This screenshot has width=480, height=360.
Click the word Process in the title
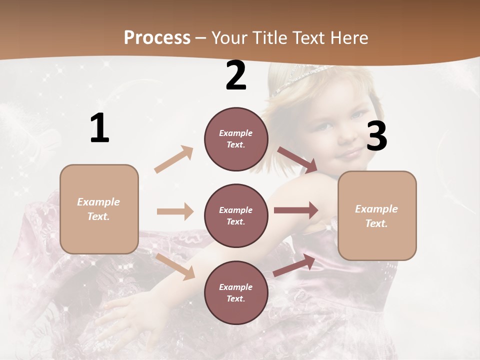[157, 37]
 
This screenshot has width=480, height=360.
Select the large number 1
[99, 128]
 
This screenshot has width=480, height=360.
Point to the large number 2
[236, 75]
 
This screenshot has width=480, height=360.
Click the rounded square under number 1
[99, 209]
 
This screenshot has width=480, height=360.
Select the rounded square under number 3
[377, 215]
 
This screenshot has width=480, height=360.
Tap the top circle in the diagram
[236, 139]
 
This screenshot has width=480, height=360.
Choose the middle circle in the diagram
[236, 215]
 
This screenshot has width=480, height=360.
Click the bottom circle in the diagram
[236, 292]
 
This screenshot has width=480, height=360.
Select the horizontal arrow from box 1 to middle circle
[175, 211]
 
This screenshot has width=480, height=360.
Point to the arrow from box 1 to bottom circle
[175, 266]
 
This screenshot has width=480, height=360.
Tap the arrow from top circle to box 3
[297, 160]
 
